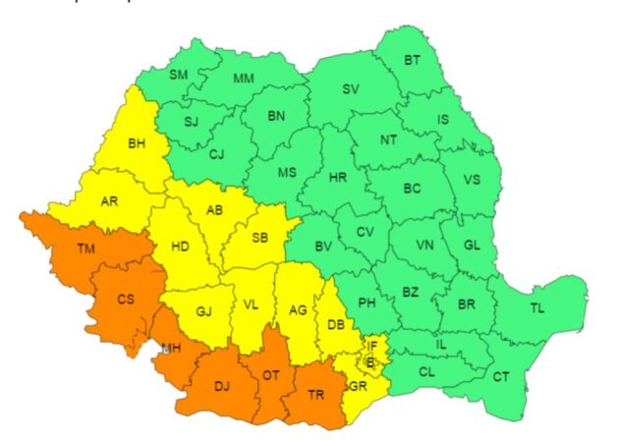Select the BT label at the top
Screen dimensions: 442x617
[x=415, y=61]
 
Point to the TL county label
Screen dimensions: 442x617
[x=536, y=308]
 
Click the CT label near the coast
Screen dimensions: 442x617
[x=501, y=376]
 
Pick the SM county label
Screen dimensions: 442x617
[x=178, y=75]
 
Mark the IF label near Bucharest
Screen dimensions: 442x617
[x=372, y=346]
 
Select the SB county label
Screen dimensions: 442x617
[x=259, y=239]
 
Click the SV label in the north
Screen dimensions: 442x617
[x=351, y=88]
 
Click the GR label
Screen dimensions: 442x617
[x=356, y=386]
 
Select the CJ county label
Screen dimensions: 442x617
[x=217, y=154]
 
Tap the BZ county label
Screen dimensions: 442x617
[x=411, y=292]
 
